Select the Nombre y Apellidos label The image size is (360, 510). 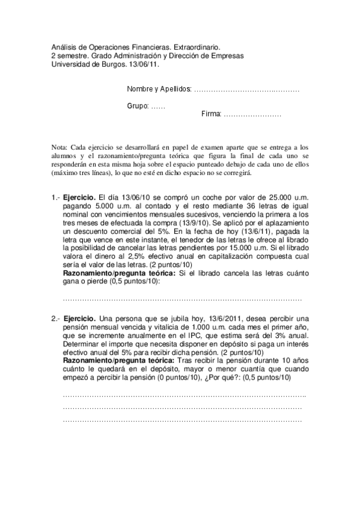159,89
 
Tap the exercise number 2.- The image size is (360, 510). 56,318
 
